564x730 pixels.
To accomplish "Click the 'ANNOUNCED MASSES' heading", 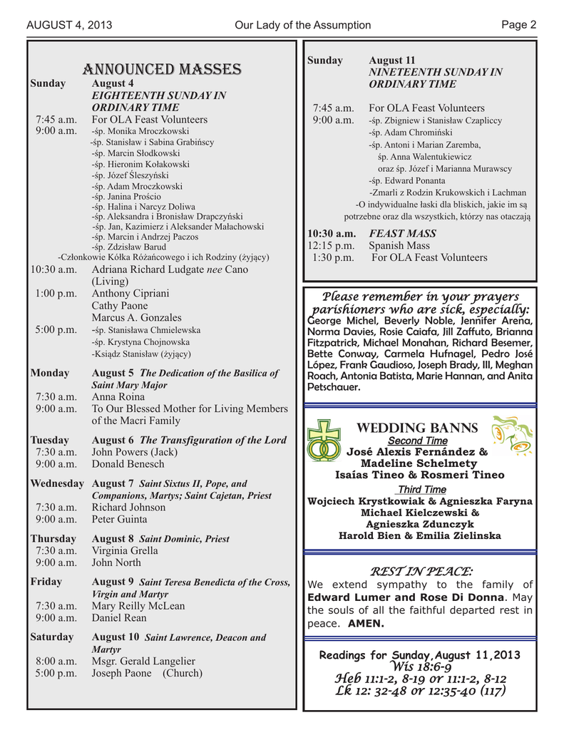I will click(x=162, y=69).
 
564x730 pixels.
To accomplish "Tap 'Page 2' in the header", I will click(x=518, y=25).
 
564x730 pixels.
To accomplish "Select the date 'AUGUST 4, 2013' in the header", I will click(x=69, y=26).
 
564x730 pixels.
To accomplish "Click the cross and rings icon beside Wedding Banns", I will click(x=324, y=441).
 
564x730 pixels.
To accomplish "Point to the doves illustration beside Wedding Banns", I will click(x=513, y=435).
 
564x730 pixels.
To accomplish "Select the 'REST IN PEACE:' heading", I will click(x=419, y=571).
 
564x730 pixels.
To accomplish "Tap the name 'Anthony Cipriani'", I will click(x=130, y=293).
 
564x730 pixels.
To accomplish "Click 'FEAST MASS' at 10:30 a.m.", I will click(x=402, y=233).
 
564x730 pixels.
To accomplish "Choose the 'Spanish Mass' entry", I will click(x=399, y=245).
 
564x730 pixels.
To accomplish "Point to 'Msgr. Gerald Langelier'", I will click(x=143, y=661).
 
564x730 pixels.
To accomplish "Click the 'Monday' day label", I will click(x=50, y=373).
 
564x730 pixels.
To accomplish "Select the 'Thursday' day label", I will click(x=53, y=538).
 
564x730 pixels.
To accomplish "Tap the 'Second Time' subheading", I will click(x=417, y=441).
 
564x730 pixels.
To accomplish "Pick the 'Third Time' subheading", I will click(x=421, y=489).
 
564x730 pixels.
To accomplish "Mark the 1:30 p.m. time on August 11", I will click(x=332, y=257).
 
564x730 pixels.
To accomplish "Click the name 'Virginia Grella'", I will click(x=125, y=550).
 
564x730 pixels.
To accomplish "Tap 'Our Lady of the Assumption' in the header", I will click(x=302, y=26).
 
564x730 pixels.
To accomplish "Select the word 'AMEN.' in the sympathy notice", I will click(x=366, y=623).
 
